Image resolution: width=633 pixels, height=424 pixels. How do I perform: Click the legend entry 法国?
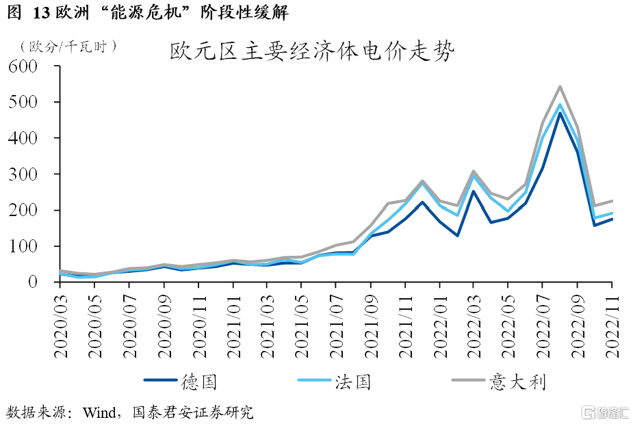tap(352, 381)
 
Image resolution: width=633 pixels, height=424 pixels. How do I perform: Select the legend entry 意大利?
tap(517, 381)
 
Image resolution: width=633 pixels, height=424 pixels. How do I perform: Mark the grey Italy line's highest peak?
tap(560, 87)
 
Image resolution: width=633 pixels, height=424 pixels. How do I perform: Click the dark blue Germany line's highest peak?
tap(560, 112)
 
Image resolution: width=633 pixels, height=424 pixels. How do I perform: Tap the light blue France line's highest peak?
tap(560, 105)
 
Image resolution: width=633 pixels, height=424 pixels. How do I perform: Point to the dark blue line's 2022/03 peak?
tap(474, 191)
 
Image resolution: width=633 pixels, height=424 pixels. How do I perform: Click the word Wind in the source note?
tap(100, 412)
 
